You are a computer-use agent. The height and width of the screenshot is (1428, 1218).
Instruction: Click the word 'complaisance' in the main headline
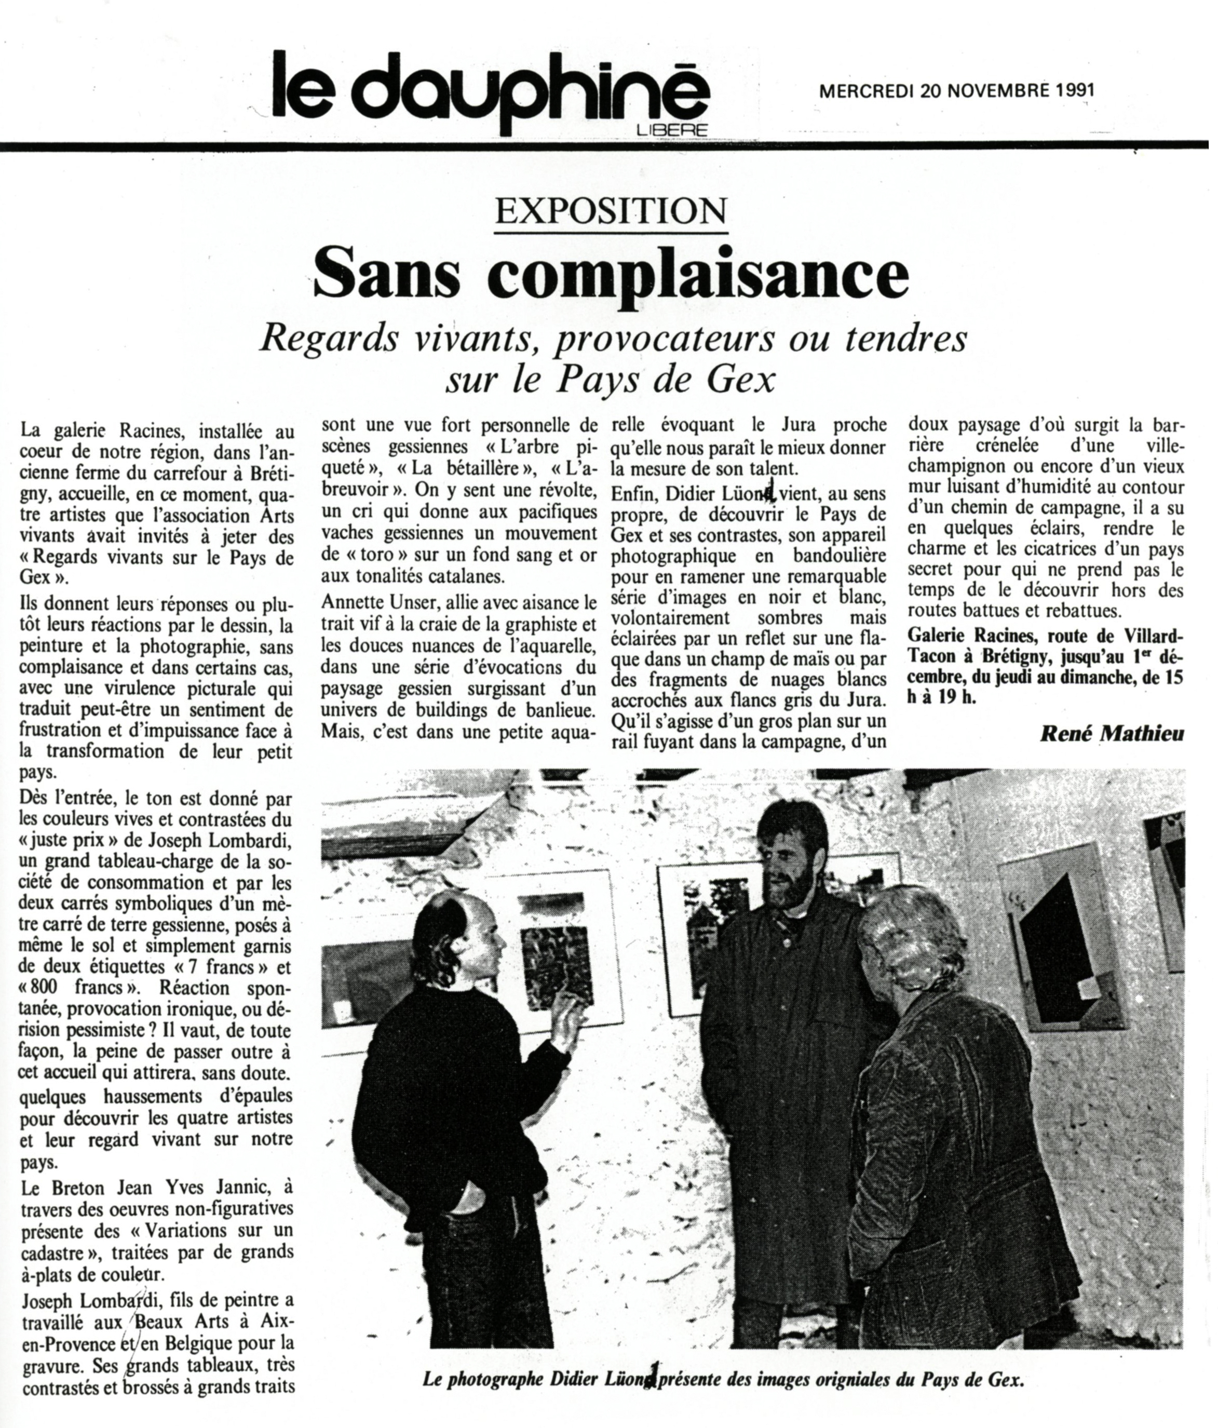697,276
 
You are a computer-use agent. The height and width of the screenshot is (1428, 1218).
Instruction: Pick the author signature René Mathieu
1111,733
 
